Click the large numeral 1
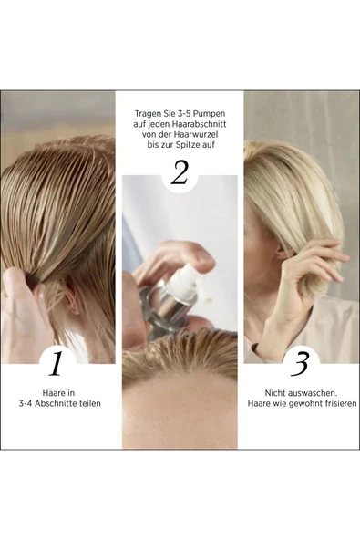pyautogui.click(x=57, y=363)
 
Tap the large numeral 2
pyautogui.click(x=180, y=171)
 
